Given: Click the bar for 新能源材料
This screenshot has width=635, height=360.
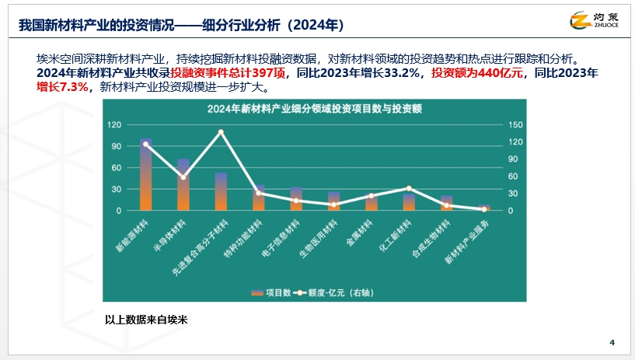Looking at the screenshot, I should tap(146, 176).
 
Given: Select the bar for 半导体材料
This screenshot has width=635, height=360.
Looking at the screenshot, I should tap(183, 185).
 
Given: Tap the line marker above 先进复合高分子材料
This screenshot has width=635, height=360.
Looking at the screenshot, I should tap(221, 132).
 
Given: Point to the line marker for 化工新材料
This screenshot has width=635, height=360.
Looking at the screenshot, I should tap(409, 188).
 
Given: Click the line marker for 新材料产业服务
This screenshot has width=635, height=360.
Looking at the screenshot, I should tap(483, 209).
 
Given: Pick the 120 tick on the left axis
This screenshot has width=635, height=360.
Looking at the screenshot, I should tap(113, 124).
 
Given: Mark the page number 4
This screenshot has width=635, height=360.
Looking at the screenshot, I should tap(612, 343).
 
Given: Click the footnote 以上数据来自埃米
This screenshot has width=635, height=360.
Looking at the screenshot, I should tap(148, 320).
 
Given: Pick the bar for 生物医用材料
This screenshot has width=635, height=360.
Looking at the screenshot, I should tap(333, 201).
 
